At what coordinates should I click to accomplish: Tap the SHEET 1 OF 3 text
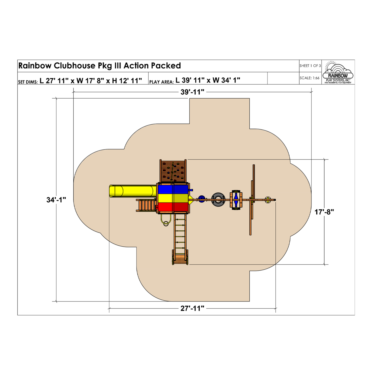(x=310, y=66)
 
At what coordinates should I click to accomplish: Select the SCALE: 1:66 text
(x=309, y=78)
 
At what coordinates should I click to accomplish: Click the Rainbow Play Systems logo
(x=338, y=72)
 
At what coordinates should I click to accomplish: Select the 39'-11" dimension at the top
(x=192, y=92)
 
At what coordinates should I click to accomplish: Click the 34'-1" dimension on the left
(x=56, y=200)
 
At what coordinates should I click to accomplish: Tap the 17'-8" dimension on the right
(x=324, y=212)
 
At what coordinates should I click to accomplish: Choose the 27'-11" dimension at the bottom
(x=192, y=308)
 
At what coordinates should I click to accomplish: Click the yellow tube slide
(x=131, y=191)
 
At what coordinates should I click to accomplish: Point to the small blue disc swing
(x=201, y=199)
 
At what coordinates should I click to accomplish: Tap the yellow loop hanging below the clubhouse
(x=166, y=221)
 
